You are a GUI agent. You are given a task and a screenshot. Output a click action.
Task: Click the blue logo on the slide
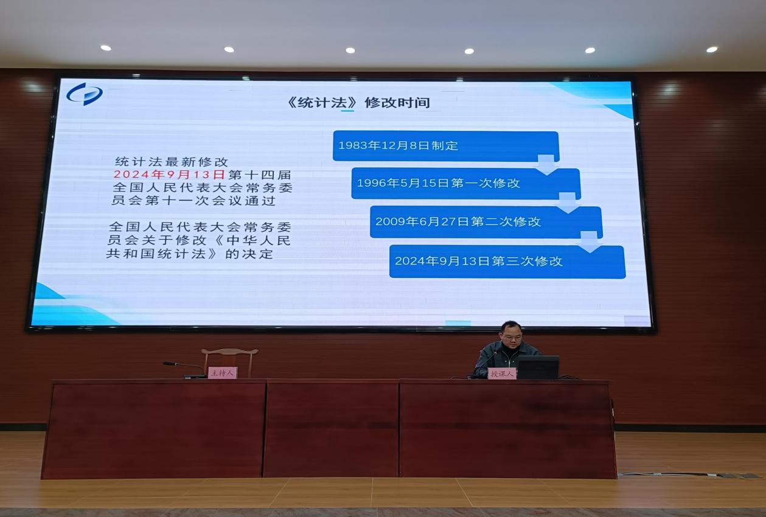[x=85, y=94]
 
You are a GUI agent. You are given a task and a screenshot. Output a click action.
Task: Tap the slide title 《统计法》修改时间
[x=358, y=103]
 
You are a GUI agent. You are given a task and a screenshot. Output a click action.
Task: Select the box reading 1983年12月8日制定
[x=446, y=146]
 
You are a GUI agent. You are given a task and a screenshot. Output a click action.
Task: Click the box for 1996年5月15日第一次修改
[x=466, y=184]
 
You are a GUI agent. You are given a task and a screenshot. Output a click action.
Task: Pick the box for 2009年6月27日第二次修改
[x=486, y=222]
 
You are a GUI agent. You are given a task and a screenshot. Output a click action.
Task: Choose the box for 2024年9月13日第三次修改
[x=507, y=262]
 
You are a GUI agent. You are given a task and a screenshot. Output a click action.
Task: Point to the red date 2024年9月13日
[x=169, y=175]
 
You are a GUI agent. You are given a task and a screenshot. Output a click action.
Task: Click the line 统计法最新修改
[x=172, y=161]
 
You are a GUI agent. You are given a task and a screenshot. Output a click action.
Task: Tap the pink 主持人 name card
[x=223, y=372]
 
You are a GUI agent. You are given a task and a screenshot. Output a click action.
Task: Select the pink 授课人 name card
[x=502, y=373]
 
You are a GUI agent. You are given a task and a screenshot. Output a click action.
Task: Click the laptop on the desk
[x=538, y=367]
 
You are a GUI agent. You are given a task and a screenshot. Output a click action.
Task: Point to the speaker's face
[x=512, y=336]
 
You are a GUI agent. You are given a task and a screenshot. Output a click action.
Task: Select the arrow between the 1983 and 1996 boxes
[x=546, y=165]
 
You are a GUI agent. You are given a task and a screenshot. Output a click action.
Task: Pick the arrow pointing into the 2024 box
[x=589, y=242]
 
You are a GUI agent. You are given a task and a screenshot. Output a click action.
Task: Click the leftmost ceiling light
[x=106, y=48]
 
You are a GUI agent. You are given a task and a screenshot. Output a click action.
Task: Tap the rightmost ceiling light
[x=712, y=50]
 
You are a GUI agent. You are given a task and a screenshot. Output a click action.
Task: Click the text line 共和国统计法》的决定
[x=189, y=254]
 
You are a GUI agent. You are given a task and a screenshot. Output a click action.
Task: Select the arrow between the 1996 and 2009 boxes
[x=568, y=203]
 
